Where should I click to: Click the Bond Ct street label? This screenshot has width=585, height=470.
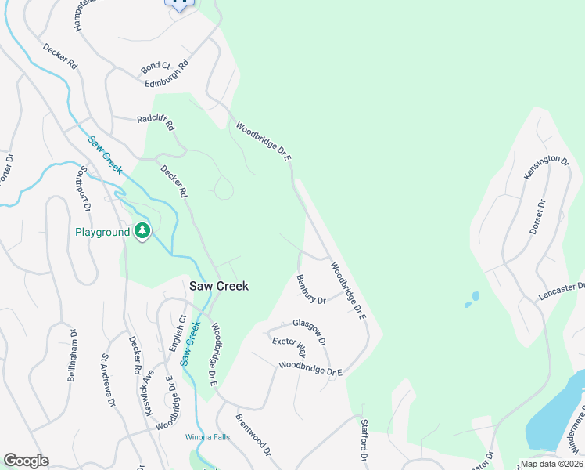click(x=156, y=67)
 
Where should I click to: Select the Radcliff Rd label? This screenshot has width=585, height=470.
click(x=156, y=121)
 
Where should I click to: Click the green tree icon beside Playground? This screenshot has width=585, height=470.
click(x=142, y=232)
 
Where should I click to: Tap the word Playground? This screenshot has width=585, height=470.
click(x=102, y=233)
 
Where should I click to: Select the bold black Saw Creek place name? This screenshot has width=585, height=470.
click(x=219, y=286)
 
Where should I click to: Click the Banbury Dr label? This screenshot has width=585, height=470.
click(x=310, y=289)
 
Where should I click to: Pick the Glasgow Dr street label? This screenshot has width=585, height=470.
click(x=309, y=331)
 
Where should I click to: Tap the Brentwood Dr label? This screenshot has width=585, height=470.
click(x=253, y=436)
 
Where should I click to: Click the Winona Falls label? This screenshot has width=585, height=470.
click(x=207, y=437)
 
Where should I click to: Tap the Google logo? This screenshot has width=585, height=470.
click(x=26, y=461)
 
